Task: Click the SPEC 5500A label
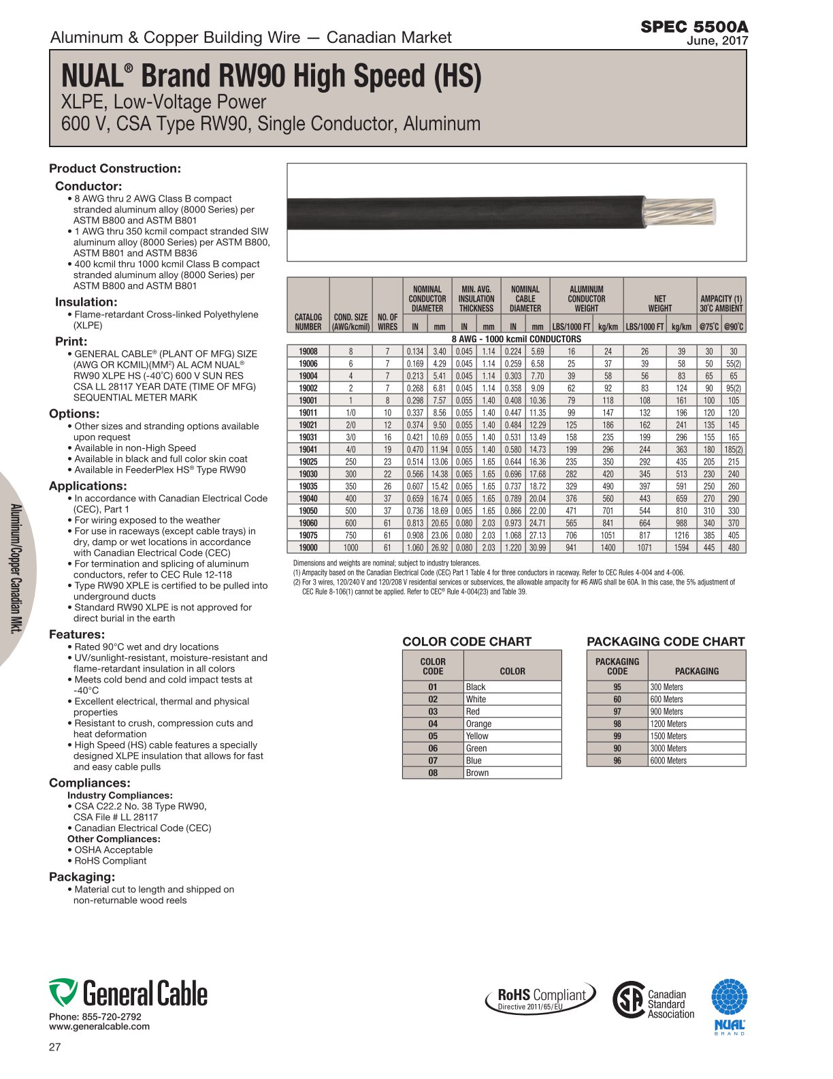click(693, 27)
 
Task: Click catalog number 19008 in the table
click(308, 351)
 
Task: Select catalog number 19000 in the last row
click(308, 548)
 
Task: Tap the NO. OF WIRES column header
click(387, 322)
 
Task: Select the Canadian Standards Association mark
click(653, 1000)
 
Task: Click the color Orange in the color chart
click(478, 724)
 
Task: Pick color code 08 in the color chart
click(433, 773)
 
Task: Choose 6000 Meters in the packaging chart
click(668, 761)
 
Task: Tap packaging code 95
click(617, 687)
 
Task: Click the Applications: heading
click(88, 486)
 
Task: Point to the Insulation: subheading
click(86, 302)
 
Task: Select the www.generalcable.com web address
click(99, 1027)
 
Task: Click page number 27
click(55, 1047)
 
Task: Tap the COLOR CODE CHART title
click(467, 641)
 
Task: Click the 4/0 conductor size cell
click(350, 450)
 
